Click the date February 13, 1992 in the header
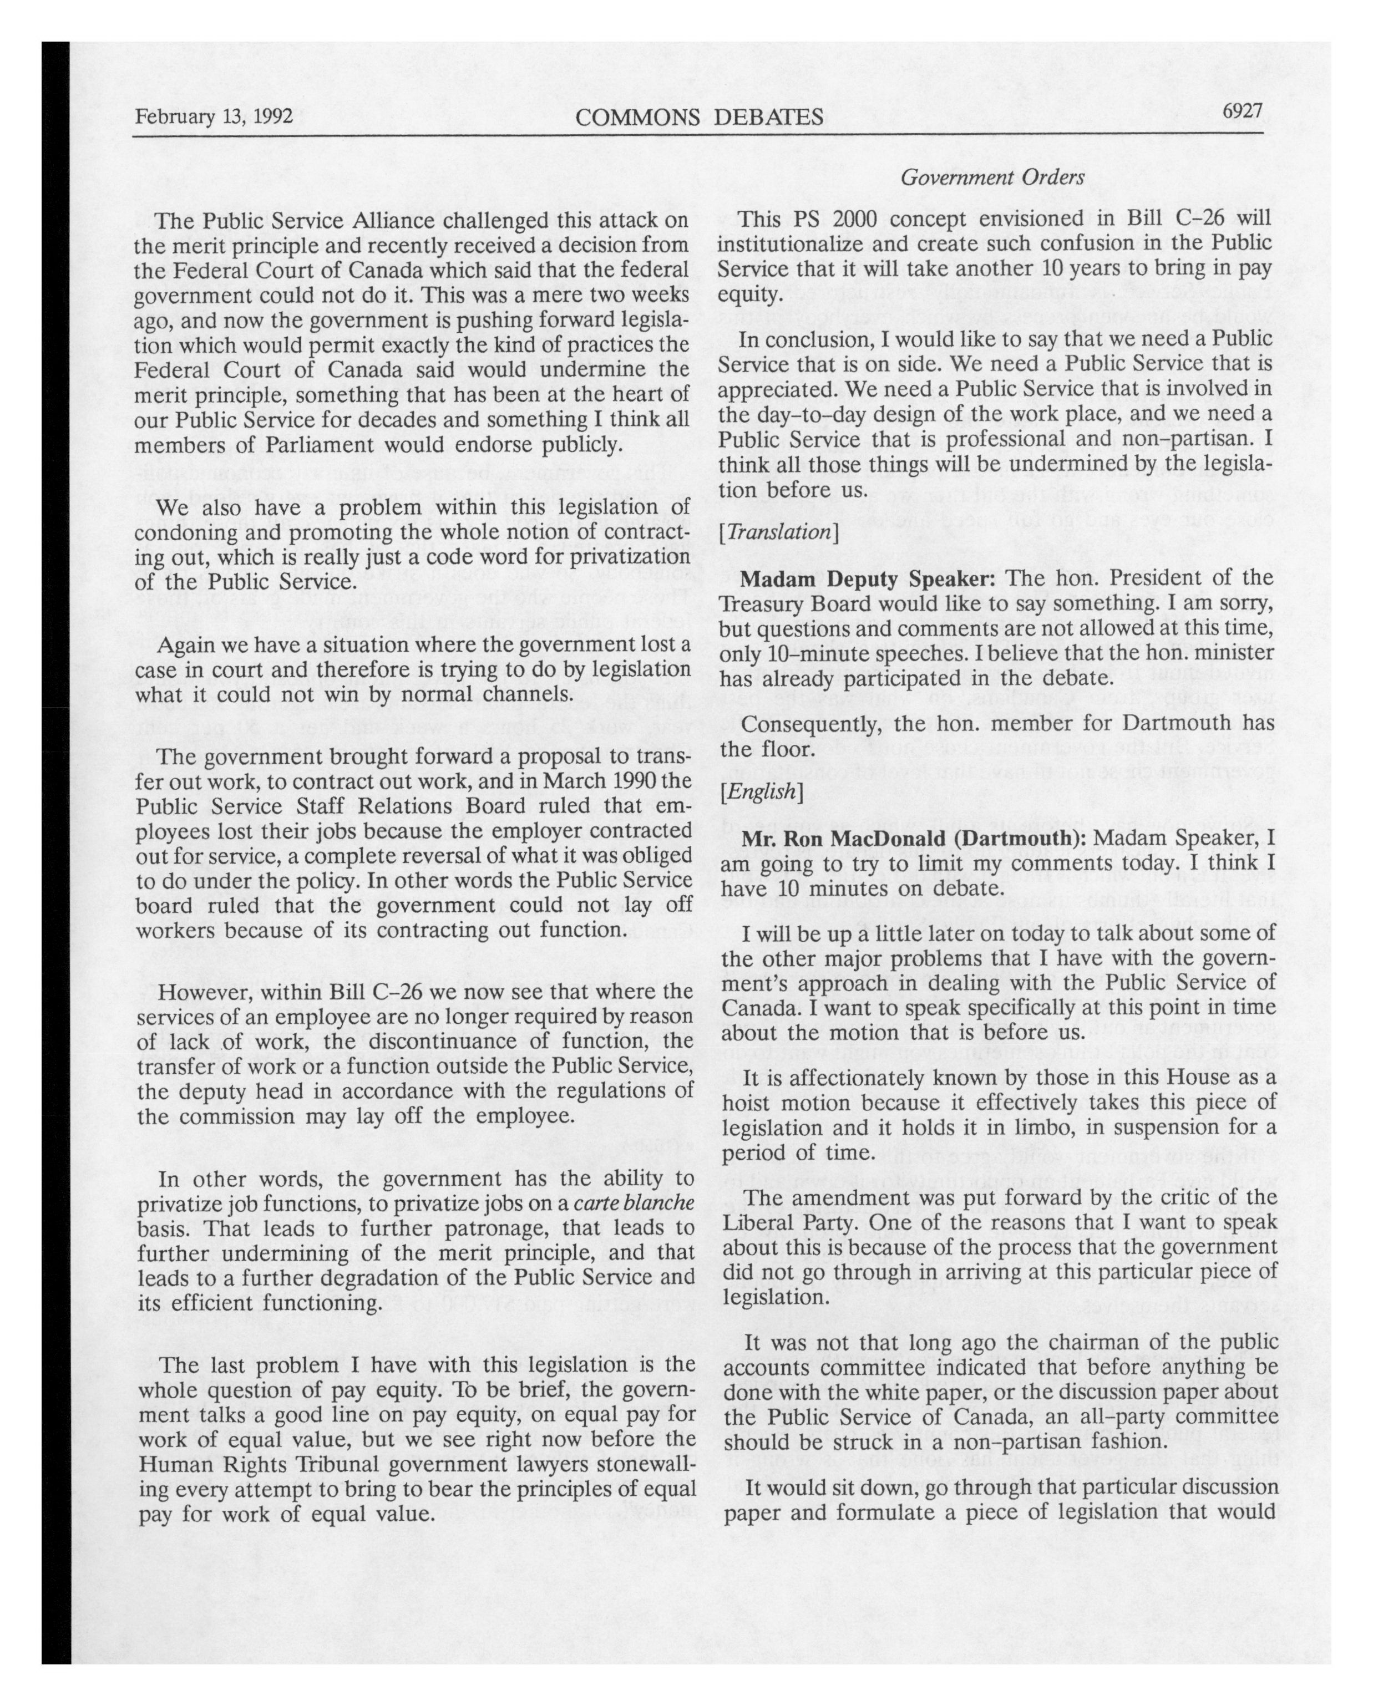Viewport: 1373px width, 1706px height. tap(214, 117)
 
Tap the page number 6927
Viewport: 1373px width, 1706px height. tap(1242, 111)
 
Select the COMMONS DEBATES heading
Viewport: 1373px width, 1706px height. tap(699, 118)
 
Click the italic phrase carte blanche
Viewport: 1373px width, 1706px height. tap(634, 1204)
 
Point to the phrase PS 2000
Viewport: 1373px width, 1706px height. tap(818, 219)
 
